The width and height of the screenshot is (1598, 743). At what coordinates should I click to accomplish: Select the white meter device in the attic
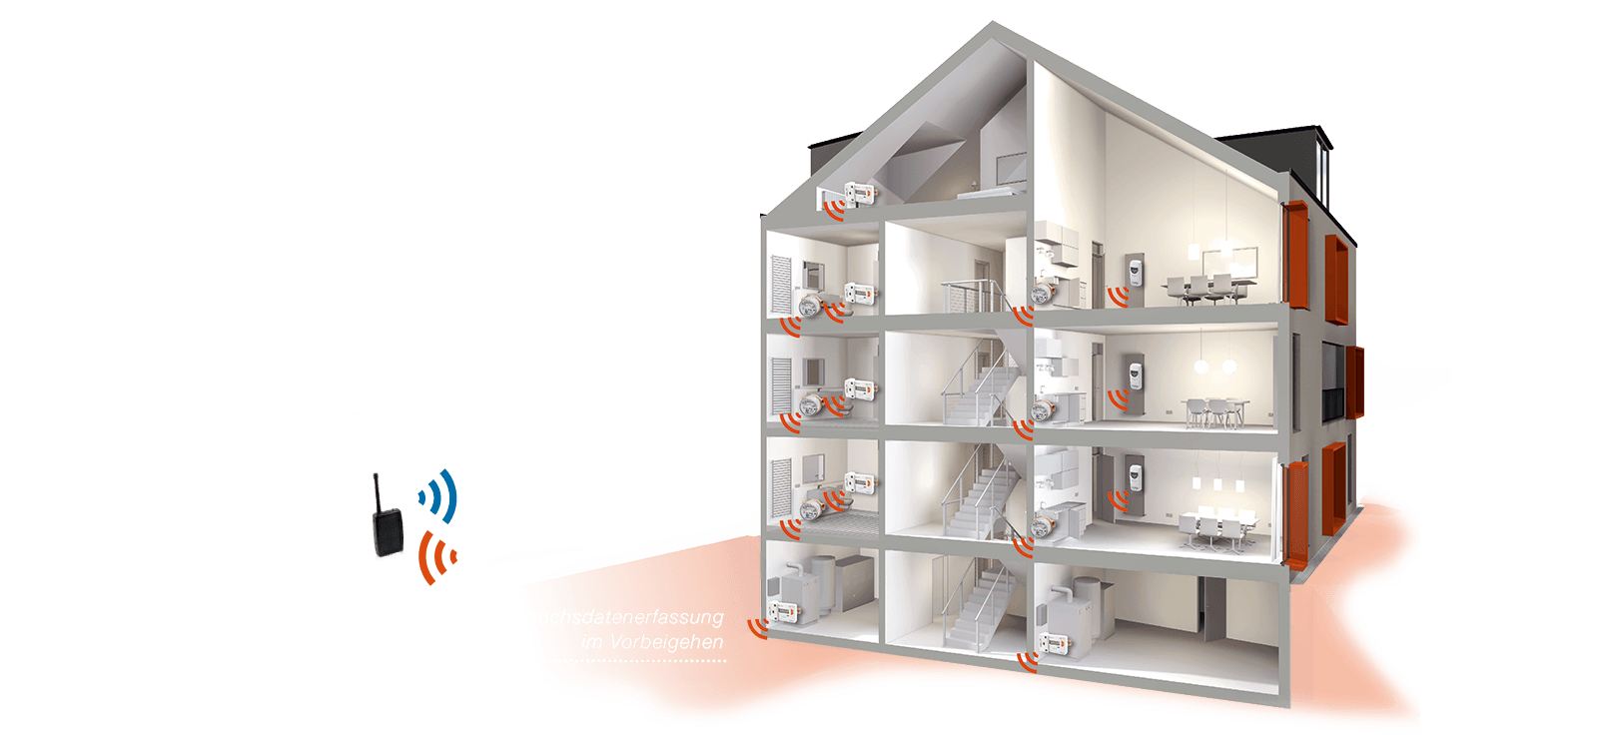[858, 192]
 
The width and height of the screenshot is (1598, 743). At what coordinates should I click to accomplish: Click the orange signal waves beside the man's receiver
[436, 556]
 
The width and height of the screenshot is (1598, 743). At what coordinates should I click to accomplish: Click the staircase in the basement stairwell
[974, 609]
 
